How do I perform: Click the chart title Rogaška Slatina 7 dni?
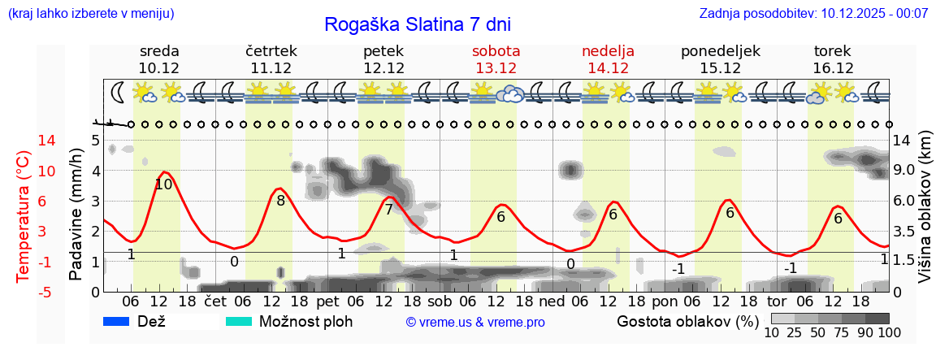[x=418, y=24]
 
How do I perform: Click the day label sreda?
[x=159, y=51]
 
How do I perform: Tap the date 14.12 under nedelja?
[x=608, y=68]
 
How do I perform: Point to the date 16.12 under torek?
[x=833, y=68]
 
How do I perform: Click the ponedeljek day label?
[x=721, y=51]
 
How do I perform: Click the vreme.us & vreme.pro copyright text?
[x=475, y=322]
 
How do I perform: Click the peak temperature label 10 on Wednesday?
[x=163, y=184]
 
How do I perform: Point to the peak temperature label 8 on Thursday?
[x=280, y=200]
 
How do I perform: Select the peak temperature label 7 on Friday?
[x=388, y=210]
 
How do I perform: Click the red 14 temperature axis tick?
[x=24, y=141]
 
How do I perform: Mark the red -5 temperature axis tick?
[x=24, y=292]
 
